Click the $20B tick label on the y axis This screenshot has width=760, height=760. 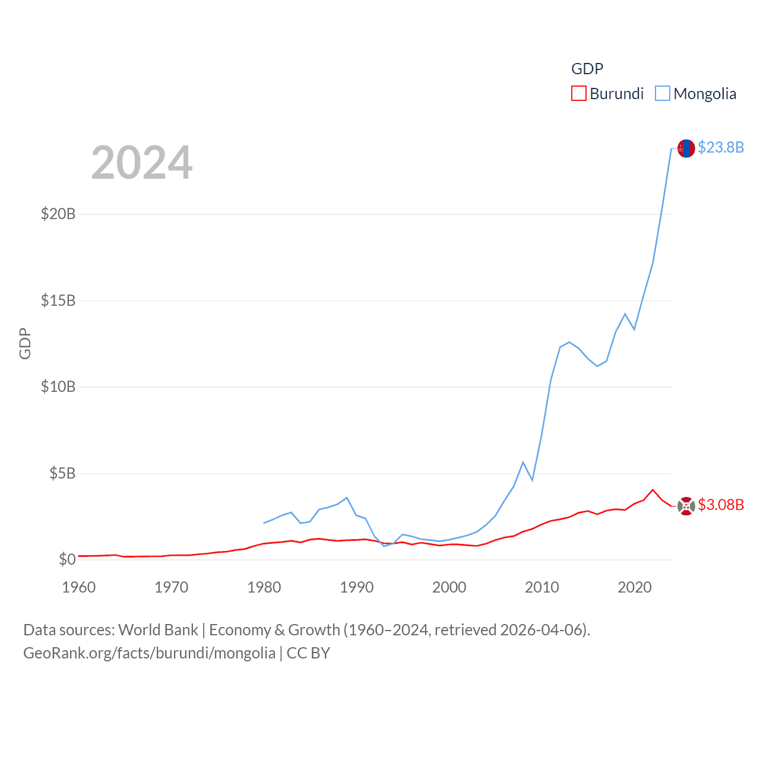point(58,214)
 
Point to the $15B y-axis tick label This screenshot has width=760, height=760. point(58,300)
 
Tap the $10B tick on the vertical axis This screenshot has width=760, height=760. point(58,387)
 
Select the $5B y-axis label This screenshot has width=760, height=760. point(62,473)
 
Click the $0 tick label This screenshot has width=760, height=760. point(67,559)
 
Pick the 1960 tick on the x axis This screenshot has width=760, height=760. point(79,587)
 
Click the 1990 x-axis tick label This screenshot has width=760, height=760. point(357,587)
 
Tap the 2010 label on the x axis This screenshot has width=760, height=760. point(542,587)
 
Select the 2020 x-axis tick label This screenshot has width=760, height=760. point(635,587)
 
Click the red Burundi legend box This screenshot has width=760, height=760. point(579,94)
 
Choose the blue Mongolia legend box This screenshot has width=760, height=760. point(663,94)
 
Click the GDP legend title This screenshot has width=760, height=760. point(587,69)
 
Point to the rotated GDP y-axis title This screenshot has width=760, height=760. point(25,343)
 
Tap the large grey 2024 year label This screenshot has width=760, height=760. point(142,163)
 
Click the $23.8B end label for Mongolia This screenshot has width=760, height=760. point(721,147)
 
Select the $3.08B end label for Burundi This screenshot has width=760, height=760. point(721,505)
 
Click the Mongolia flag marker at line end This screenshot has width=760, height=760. point(686,148)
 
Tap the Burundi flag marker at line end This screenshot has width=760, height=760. point(686,506)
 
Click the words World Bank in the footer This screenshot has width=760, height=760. point(158,630)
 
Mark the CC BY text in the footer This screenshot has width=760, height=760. point(308,653)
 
